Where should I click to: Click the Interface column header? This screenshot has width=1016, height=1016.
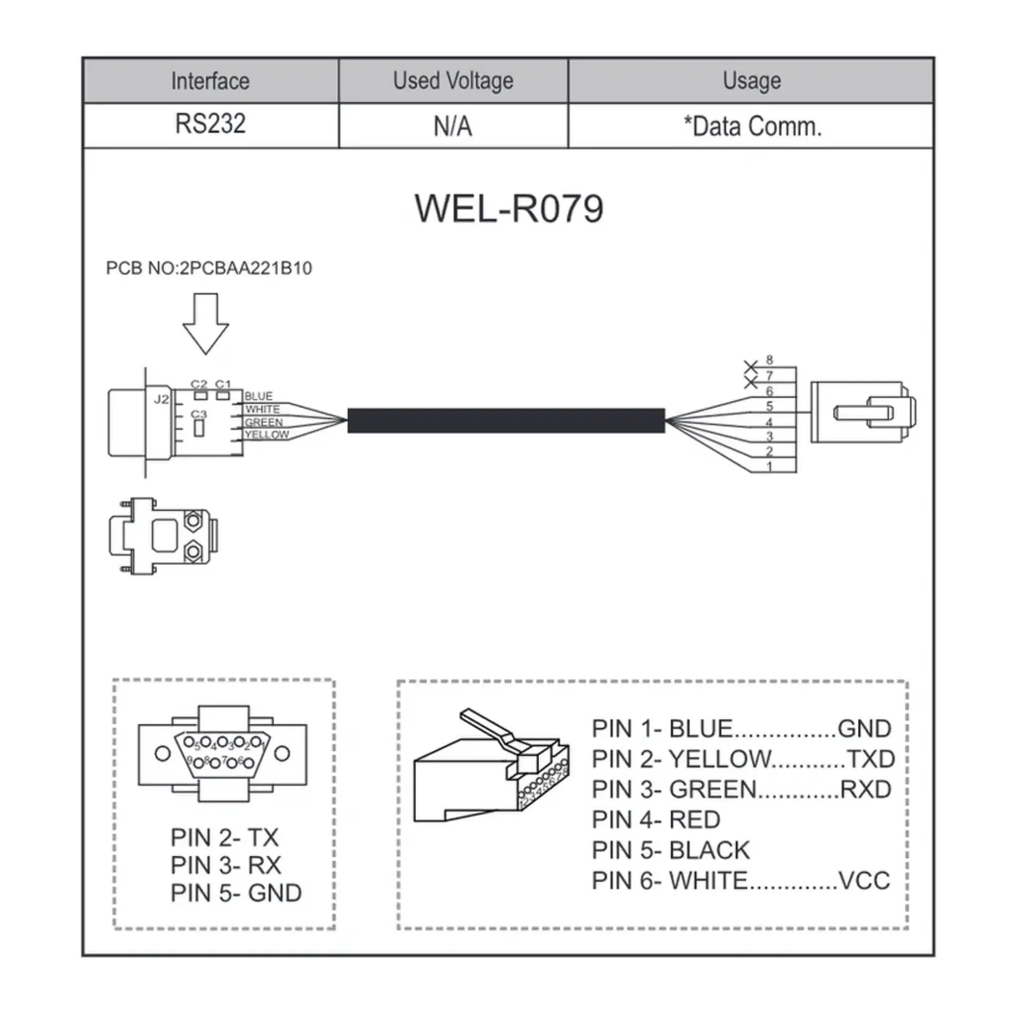[210, 81]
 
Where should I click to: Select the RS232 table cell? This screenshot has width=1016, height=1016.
[210, 124]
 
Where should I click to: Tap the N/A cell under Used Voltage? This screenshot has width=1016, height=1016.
[453, 127]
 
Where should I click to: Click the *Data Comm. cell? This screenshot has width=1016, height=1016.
[752, 127]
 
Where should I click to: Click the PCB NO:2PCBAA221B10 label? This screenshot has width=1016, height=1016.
[209, 268]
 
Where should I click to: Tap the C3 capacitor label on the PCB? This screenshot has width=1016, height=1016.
[199, 414]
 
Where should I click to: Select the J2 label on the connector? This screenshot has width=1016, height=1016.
[161, 399]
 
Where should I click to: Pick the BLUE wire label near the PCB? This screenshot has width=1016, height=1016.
[259, 396]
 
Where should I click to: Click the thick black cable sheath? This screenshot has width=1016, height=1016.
[506, 421]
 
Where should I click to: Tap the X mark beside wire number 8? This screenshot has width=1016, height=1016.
[751, 367]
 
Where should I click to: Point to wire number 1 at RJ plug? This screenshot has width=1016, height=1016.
[769, 466]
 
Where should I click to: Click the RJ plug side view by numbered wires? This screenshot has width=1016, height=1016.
[862, 412]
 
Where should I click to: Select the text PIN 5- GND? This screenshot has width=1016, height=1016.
[236, 893]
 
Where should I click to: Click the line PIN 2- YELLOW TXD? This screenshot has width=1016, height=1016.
[743, 759]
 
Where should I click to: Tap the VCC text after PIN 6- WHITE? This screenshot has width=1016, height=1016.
[864, 881]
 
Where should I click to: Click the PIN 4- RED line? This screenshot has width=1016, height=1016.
[656, 820]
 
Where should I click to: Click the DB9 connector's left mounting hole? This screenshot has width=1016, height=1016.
[163, 754]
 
